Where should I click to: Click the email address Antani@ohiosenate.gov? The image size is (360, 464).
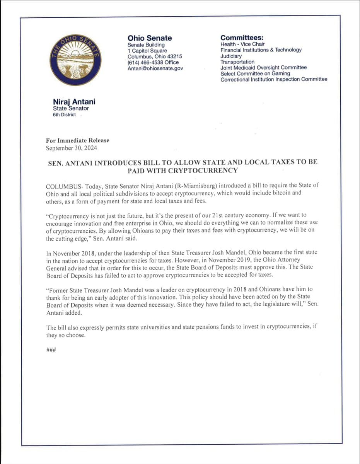pyautogui.click(x=155, y=68)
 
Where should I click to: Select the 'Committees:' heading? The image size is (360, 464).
pyautogui.click(x=242, y=38)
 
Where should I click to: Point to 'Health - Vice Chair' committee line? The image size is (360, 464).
pyautogui.click(x=242, y=44)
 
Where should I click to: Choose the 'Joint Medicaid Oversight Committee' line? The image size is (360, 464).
pyautogui.click(x=263, y=68)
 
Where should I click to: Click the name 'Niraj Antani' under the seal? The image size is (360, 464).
pyautogui.click(x=74, y=102)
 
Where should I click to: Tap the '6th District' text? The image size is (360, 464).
pyautogui.click(x=64, y=115)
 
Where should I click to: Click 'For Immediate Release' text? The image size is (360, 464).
pyautogui.click(x=77, y=140)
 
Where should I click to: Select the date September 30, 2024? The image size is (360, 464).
pyautogui.click(x=72, y=148)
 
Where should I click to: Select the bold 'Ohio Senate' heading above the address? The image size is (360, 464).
pyautogui.click(x=150, y=38)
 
